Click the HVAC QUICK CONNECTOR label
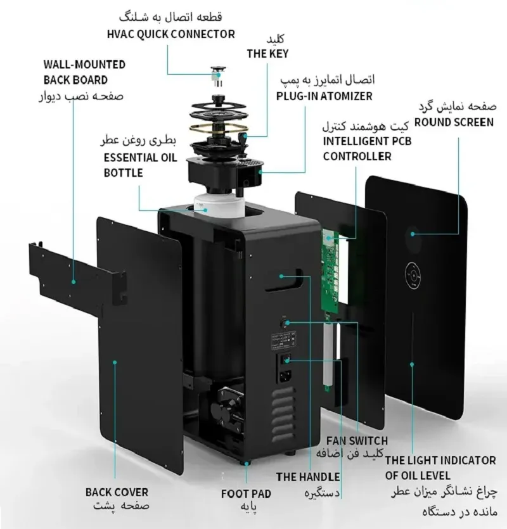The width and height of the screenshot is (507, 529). pyautogui.click(x=171, y=34)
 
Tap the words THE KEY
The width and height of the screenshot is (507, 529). pyautogui.click(x=267, y=54)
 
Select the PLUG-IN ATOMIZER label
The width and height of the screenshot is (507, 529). pyautogui.click(x=324, y=96)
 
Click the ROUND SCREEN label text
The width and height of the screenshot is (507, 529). pyautogui.click(x=454, y=122)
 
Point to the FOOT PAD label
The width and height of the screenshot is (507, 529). pyautogui.click(x=246, y=494)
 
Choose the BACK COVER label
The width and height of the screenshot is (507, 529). pyautogui.click(x=117, y=492)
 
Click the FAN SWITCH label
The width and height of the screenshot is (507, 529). pyautogui.click(x=357, y=440)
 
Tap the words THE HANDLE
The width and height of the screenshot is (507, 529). pyautogui.click(x=308, y=476)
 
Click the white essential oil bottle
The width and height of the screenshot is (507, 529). pyautogui.click(x=219, y=205)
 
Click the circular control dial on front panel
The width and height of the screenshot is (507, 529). pyautogui.click(x=413, y=276)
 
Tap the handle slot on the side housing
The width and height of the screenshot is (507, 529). pyautogui.click(x=284, y=279)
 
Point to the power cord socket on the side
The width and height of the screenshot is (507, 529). pyautogui.click(x=285, y=376)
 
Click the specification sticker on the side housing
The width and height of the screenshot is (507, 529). pyautogui.click(x=284, y=340)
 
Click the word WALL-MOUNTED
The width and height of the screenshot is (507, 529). pyautogui.click(x=84, y=65)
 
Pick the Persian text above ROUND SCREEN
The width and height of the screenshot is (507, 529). pyautogui.click(x=458, y=107)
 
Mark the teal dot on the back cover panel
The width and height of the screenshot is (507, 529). pyautogui.click(x=115, y=362)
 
